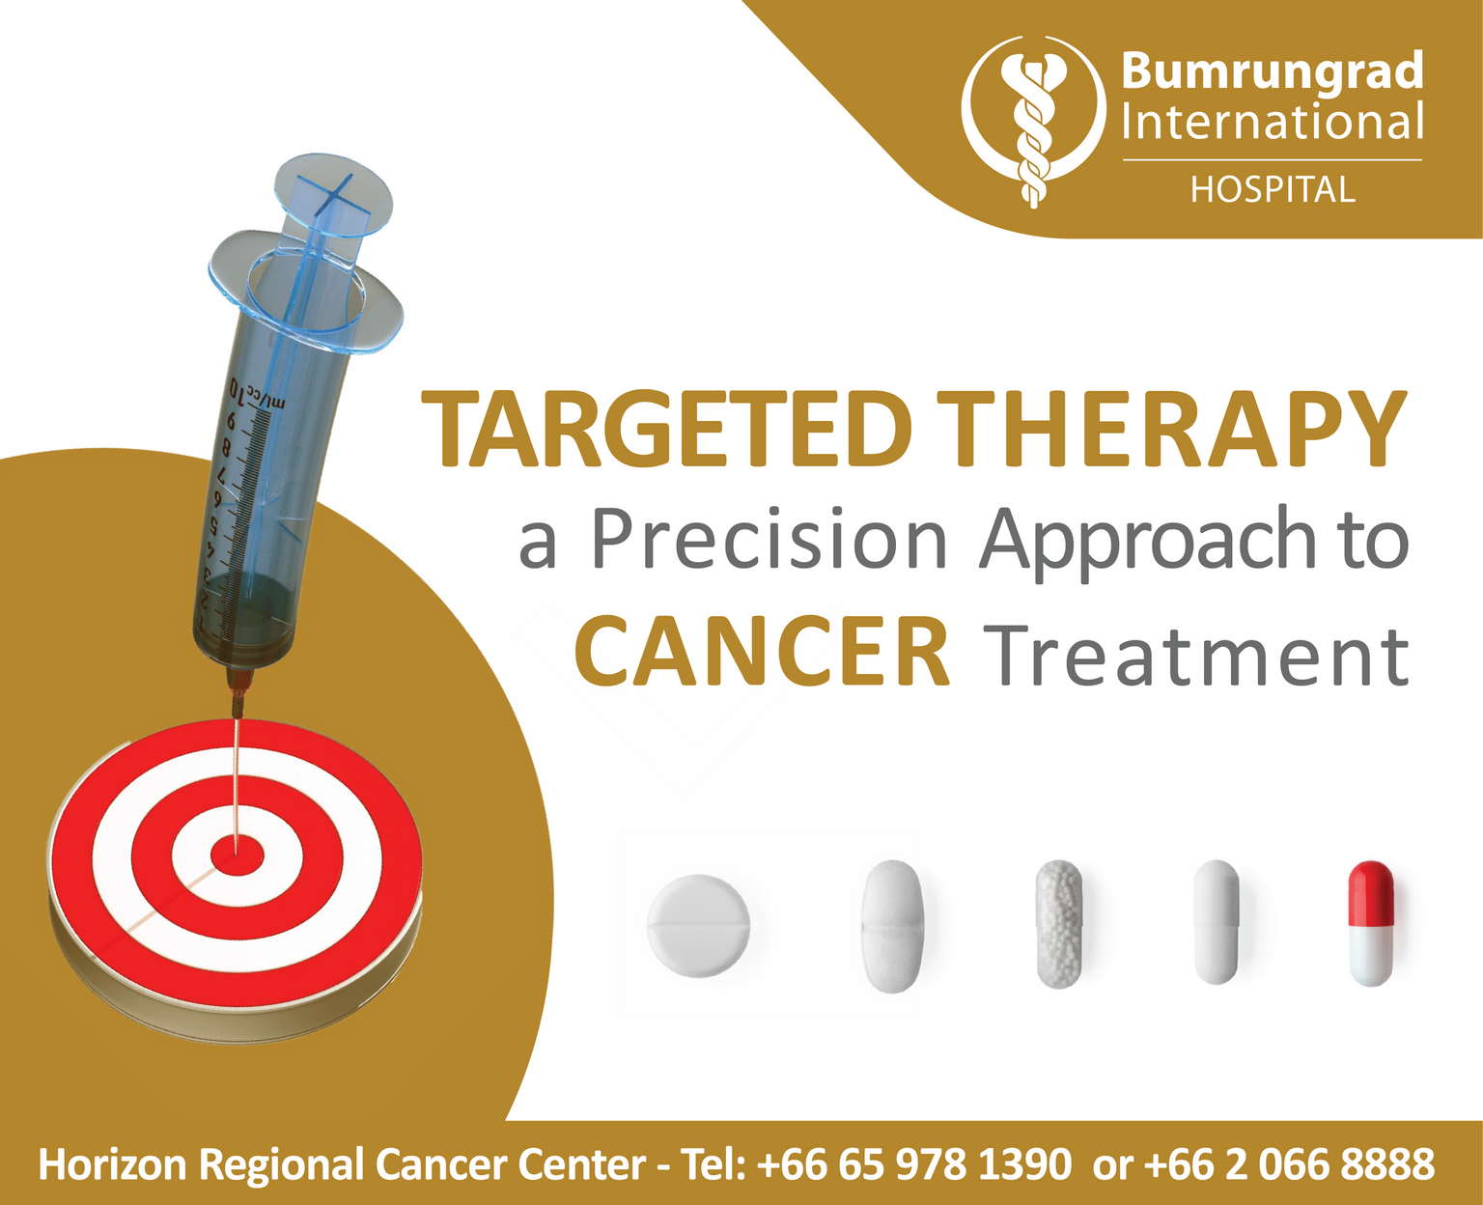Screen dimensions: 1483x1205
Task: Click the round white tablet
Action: pyautogui.click(x=698, y=926)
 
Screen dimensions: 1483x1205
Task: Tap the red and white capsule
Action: pyautogui.click(x=1371, y=924)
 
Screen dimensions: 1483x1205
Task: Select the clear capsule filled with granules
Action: pyautogui.click(x=1059, y=924)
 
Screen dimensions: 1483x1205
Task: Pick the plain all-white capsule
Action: pyautogui.click(x=1217, y=922)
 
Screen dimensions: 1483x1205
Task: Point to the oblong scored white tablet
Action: pyautogui.click(x=892, y=927)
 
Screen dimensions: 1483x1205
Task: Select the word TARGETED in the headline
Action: pyautogui.click(x=665, y=429)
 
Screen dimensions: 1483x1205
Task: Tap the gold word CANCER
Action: pyautogui.click(x=762, y=651)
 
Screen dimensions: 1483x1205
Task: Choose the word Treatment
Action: pyautogui.click(x=1198, y=655)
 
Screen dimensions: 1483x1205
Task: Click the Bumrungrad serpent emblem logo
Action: pyautogui.click(x=1033, y=122)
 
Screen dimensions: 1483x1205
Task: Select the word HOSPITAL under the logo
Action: pyautogui.click(x=1273, y=190)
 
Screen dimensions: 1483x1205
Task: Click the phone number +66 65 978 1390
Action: pyautogui.click(x=914, y=1163)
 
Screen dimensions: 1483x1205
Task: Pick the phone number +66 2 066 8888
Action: pyautogui.click(x=1289, y=1163)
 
